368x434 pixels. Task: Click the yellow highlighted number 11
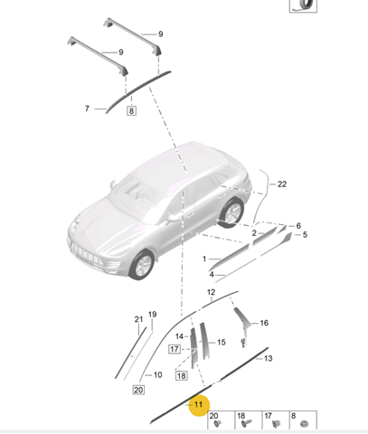[x=199, y=405]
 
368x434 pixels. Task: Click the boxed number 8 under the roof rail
[x=131, y=110]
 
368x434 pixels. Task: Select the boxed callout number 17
[x=175, y=349]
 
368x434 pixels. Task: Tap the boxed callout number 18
[x=182, y=376]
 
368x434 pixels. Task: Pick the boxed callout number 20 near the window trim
[x=138, y=390]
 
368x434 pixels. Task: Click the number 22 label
[x=282, y=184]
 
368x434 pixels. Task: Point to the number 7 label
[x=87, y=108]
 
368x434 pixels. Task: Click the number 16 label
[x=264, y=323]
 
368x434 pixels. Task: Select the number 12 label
[x=212, y=292]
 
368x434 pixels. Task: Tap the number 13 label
[x=268, y=358]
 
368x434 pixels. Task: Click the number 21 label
[x=138, y=319]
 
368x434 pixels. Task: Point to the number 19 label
[x=153, y=315]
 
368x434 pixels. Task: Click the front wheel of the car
[x=142, y=265]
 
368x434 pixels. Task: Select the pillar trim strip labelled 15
[x=203, y=341]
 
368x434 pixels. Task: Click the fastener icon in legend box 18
[x=246, y=424]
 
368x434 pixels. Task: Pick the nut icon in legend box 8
[x=304, y=424]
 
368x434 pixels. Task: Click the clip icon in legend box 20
[x=217, y=423]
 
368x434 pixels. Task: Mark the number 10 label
[x=158, y=375]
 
